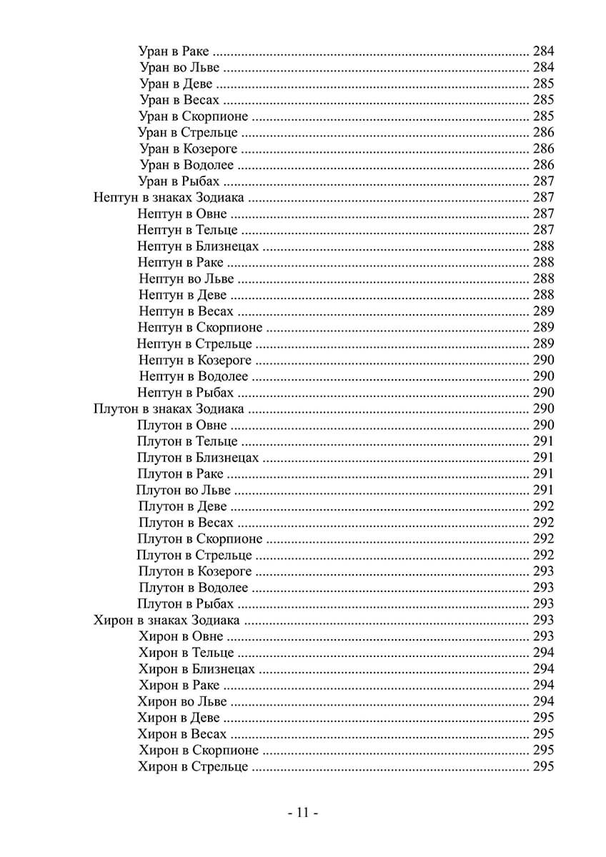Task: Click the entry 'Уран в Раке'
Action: click(175, 51)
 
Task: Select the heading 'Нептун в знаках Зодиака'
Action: click(169, 198)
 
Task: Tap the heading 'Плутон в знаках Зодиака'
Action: click(169, 409)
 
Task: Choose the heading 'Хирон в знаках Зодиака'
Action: click(166, 620)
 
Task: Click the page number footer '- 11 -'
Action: click(302, 813)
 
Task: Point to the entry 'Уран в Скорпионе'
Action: click(194, 116)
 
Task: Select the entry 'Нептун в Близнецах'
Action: click(198, 246)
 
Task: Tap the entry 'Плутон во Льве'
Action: click(184, 490)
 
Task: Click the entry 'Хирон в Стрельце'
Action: click(193, 766)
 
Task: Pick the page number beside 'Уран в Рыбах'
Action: click(544, 181)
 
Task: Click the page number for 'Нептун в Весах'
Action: click(544, 311)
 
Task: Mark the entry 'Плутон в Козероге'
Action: click(194, 571)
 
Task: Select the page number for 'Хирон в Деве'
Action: click(544, 718)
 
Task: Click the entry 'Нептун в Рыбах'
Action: click(186, 393)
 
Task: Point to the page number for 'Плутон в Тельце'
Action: click(544, 441)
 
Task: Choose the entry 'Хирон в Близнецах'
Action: click(196, 669)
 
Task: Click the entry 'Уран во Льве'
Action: click(179, 68)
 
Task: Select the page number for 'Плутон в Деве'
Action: click(544, 506)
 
